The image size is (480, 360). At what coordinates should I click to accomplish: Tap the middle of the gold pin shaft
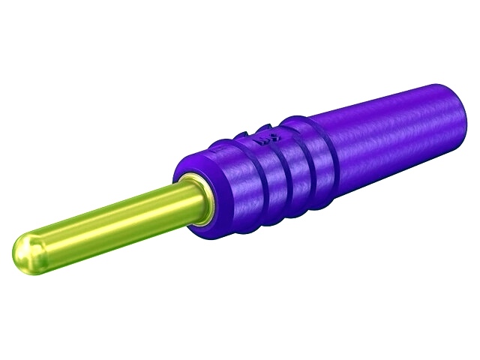point(105,221)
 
